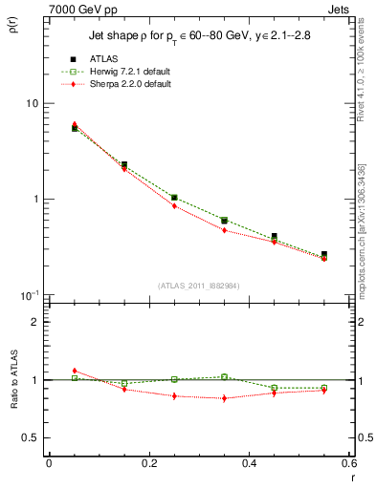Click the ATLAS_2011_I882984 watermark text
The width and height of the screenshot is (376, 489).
[x=199, y=286]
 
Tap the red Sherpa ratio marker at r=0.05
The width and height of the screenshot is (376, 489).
[x=75, y=371]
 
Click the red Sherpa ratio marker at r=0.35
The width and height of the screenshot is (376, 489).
[x=224, y=398]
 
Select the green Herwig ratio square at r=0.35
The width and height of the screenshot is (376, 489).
[x=224, y=377]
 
